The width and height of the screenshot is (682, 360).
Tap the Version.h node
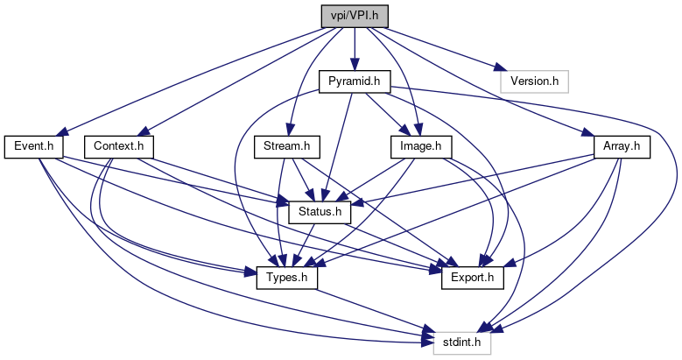[535, 81]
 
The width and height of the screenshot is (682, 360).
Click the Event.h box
[33, 146]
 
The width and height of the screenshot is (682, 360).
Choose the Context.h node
[119, 146]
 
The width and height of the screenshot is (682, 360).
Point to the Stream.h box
[287, 146]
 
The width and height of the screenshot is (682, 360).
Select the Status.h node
[320, 212]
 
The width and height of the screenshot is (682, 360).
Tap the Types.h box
[287, 278]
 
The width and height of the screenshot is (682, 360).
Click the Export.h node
[466, 278]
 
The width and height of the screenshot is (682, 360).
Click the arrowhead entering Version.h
[496, 69]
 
